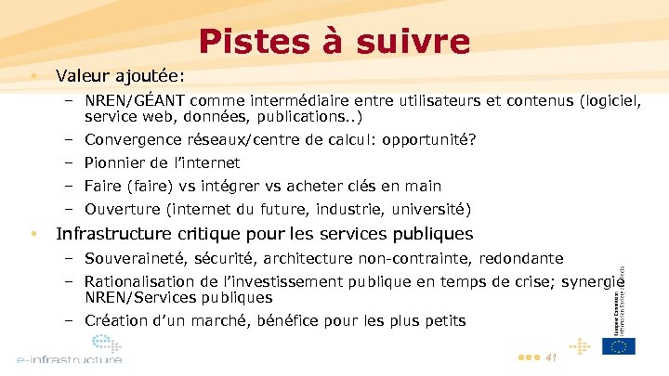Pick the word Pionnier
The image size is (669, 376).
point(115,162)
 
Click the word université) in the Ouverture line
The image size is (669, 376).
point(431,208)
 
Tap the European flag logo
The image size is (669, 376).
point(618,346)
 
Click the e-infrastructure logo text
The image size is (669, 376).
point(69,358)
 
